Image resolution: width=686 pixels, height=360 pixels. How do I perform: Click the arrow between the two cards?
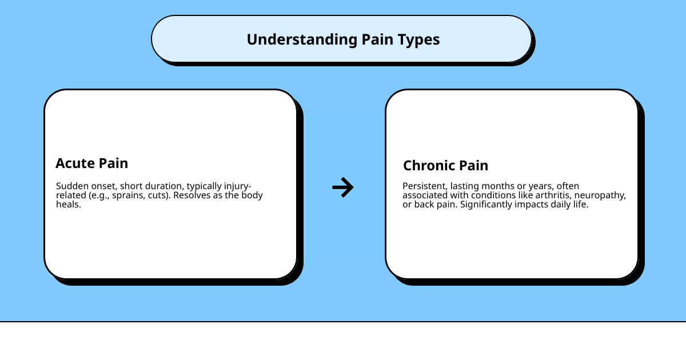point(343,187)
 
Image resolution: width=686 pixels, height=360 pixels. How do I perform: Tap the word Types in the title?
point(420,39)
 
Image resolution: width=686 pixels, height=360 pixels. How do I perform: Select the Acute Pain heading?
point(91,163)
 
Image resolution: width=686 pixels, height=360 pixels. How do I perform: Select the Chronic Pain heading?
point(445,166)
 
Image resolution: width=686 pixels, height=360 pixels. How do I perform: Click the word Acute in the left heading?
point(73,163)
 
